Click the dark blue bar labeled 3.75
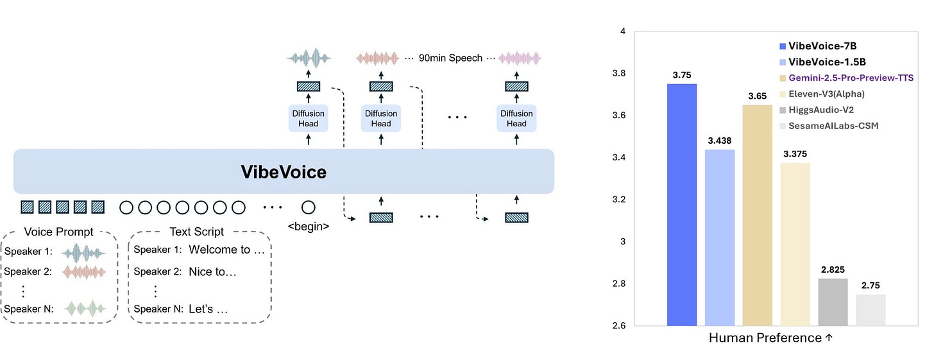pos(683,205)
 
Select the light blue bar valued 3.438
pos(720,237)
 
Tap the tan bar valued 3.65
pos(758,215)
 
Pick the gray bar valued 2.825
pos(833,302)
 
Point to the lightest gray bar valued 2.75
pos(870,310)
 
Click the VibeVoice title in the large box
pos(283,172)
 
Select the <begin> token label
pos(309,226)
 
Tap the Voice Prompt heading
pos(58,232)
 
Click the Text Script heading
pos(197,232)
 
